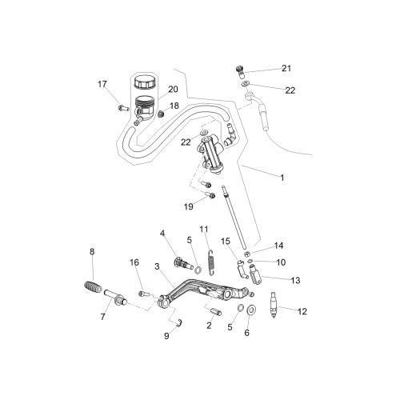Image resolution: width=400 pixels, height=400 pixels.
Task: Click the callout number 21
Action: coord(286,68)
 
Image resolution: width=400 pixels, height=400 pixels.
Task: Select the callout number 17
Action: coord(102,84)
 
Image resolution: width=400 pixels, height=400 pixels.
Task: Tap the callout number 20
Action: coord(173,89)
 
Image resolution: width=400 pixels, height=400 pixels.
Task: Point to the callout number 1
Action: coord(282,178)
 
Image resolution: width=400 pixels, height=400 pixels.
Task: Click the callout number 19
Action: coord(189,206)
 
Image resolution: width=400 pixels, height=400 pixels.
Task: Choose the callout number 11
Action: coord(204,230)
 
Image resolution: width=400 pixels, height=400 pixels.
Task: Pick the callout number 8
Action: coord(92,252)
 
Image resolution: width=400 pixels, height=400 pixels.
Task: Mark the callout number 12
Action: coord(302,311)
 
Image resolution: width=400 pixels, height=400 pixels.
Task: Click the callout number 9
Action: coord(166,336)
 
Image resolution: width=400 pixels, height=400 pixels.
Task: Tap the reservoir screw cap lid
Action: coord(145,82)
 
